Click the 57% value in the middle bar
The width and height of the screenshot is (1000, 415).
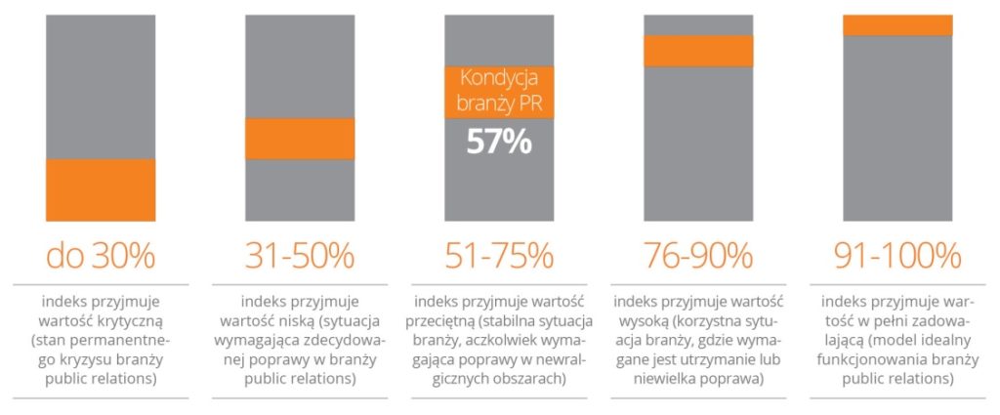pos(499,142)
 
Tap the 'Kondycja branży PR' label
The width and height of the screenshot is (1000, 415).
pos(499,90)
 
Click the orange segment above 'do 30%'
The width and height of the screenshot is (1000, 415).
pos(101,191)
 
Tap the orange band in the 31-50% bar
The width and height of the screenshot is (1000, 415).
pos(300,139)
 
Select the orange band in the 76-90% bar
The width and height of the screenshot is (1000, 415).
pos(698,51)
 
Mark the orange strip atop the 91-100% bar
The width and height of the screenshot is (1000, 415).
pos(897,25)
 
